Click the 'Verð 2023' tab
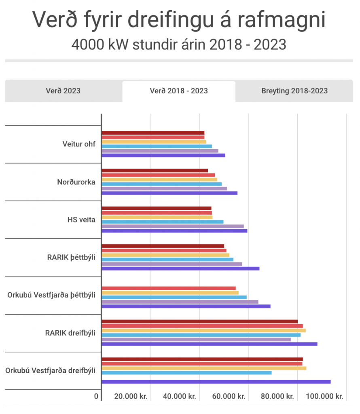[63, 91]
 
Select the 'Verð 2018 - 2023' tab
[179, 91]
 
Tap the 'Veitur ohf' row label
[79, 144]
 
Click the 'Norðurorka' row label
[76, 182]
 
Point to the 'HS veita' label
[81, 220]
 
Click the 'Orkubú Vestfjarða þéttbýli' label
[51, 295]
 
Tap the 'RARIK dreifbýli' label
[70, 333]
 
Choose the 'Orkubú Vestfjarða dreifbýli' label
[51, 370]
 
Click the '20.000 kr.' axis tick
[131, 397]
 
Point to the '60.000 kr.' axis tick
[229, 397]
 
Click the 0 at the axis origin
[96, 397]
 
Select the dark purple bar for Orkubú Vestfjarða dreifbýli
[216, 382]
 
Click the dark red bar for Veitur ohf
[153, 133]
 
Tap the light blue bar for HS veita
[162, 222]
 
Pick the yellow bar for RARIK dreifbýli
[203, 330]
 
